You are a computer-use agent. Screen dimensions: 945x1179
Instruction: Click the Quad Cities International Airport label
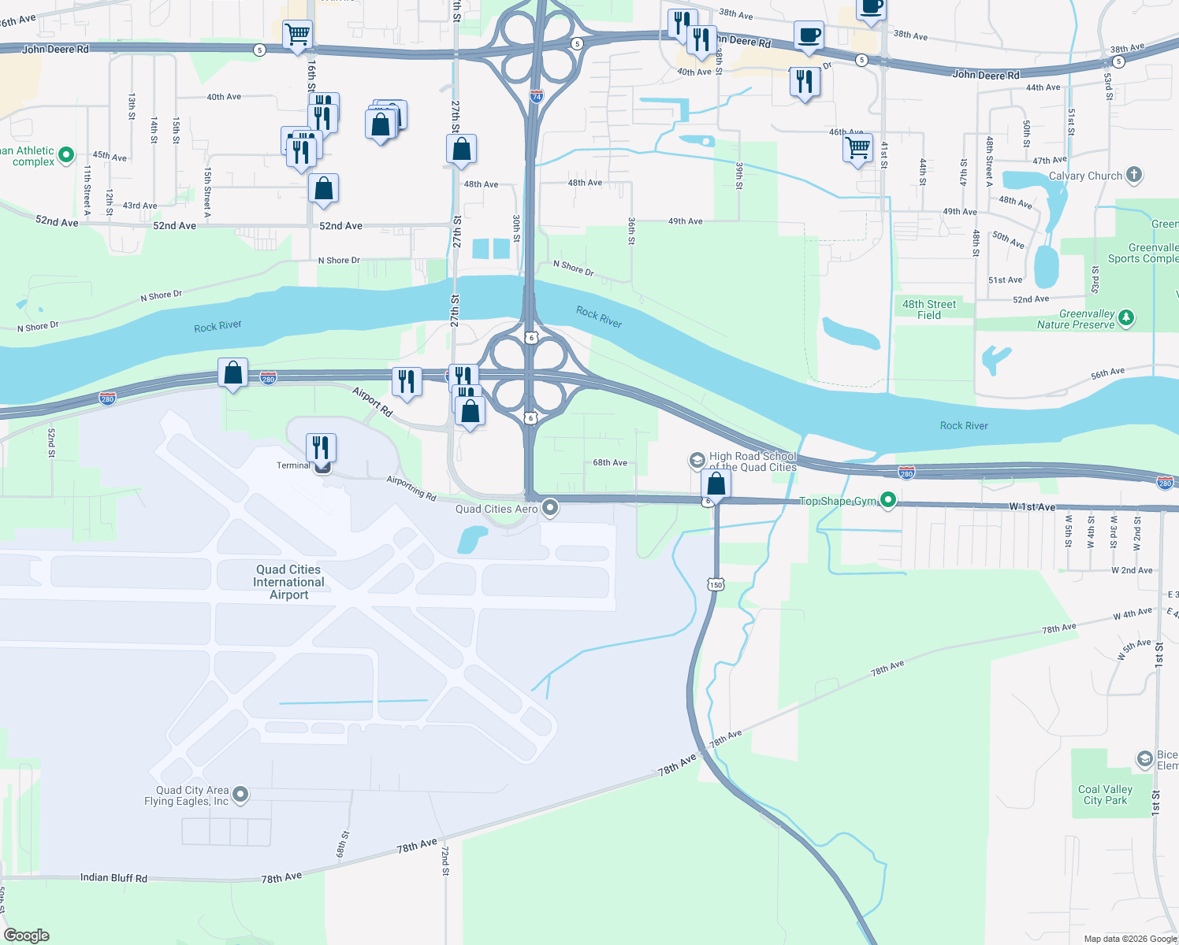coord(288,582)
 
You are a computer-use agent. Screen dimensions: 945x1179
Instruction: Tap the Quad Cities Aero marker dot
coord(551,508)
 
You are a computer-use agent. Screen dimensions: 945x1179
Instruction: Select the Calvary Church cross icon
coord(1134,175)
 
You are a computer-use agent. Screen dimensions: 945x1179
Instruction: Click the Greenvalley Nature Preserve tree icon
coord(1127,318)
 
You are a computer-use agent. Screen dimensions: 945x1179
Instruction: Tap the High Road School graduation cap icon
coord(697,460)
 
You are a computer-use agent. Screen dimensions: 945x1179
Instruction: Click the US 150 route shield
coord(716,584)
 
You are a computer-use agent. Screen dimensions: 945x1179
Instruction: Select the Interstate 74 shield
coord(536,97)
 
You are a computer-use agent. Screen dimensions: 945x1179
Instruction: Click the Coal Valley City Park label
coord(1105,795)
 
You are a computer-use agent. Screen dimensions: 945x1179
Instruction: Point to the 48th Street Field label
coord(929,309)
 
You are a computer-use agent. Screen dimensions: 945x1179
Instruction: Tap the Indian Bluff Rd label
coord(113,877)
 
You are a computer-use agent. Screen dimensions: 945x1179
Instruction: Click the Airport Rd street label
coord(373,401)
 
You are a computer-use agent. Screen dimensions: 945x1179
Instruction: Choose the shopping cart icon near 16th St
coord(297,35)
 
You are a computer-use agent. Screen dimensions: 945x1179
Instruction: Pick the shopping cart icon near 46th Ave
coord(857,147)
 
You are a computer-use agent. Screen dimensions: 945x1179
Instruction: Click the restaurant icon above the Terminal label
coord(321,447)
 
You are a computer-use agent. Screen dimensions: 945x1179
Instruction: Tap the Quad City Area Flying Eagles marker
coord(241,795)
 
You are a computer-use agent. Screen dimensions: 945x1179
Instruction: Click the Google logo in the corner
coord(27,935)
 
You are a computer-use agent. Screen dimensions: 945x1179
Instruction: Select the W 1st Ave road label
coord(1032,507)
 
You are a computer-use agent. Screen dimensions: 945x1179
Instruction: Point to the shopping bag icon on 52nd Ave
coord(323,189)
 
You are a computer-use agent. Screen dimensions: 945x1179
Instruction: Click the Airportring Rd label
coord(411,488)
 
